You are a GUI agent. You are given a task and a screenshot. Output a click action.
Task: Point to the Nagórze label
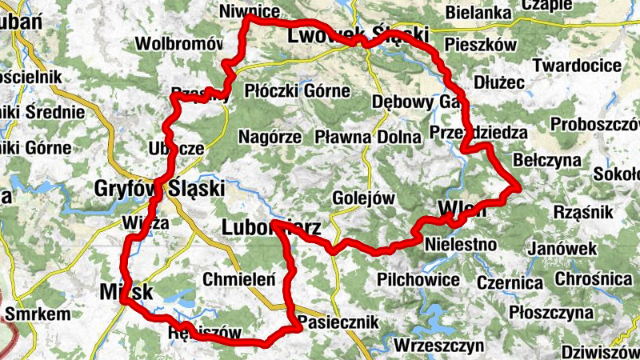tap(270, 137)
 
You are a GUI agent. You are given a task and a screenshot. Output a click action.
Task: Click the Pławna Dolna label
tap(367, 137)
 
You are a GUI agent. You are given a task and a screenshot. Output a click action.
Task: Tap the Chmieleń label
tap(239, 280)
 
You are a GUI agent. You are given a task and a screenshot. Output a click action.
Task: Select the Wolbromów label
tap(178, 42)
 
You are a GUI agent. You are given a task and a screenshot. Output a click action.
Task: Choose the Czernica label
tap(510, 282)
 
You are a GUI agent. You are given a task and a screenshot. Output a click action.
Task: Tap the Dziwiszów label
tap(599, 352)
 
